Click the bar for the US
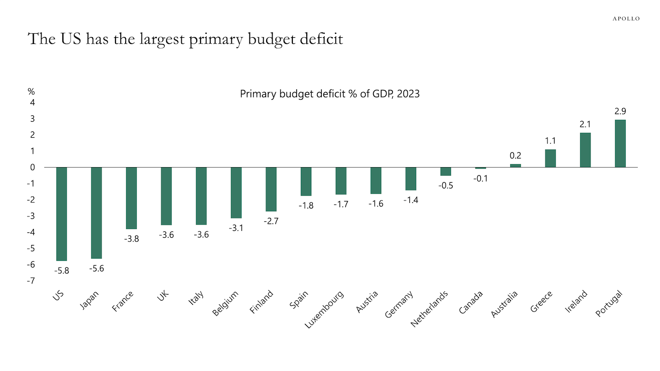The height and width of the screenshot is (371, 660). coord(62,214)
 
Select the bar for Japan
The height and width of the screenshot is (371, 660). coord(97,213)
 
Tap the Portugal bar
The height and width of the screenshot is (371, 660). coord(620,143)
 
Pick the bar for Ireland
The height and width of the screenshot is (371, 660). coord(585,150)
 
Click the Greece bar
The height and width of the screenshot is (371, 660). coord(550,158)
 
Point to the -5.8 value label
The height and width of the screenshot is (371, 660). coord(62,271)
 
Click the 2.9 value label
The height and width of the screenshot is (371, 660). coord(620,111)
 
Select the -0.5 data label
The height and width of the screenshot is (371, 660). coord(446,185)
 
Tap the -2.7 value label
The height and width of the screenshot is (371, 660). coord(271,221)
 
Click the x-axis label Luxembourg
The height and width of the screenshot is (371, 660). coord(325,309)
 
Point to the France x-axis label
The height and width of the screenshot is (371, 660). coord(123,301)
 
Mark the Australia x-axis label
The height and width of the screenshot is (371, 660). coord(504,304)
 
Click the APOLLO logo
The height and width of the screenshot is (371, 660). coord(626,18)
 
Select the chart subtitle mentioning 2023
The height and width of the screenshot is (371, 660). coord(330,94)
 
